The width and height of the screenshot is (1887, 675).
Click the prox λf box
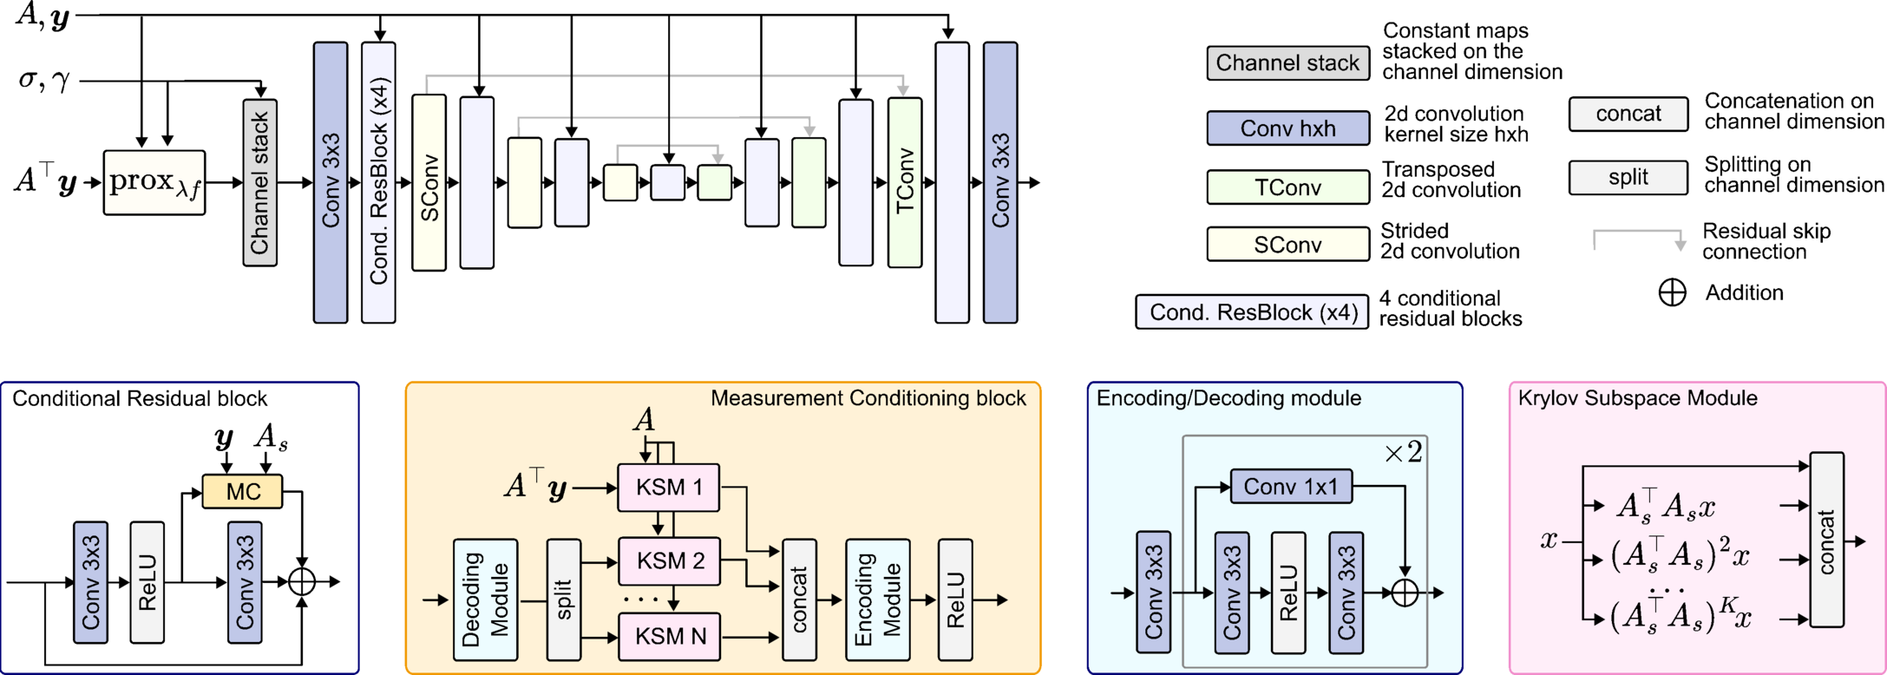154,183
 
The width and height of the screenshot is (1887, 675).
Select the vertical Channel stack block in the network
259,183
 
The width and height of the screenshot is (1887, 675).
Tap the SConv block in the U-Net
429,183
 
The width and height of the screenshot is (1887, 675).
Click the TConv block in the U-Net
904,183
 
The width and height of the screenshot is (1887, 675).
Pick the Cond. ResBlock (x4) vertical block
378,183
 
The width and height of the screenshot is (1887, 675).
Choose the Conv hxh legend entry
1287,128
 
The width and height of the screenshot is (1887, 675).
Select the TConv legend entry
1287,187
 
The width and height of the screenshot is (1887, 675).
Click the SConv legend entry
1287,245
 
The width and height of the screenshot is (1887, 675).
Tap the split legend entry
1628,177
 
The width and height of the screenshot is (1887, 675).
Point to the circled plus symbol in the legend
1672,293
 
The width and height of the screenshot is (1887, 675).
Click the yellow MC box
242,492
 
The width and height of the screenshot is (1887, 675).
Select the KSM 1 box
668,487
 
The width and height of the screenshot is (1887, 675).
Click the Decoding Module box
485,600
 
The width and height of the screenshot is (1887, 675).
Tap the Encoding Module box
877,600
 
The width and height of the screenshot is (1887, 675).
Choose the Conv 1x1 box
1290,487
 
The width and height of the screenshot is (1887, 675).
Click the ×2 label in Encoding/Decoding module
1403,452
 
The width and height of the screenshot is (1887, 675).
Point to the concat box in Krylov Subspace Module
1826,540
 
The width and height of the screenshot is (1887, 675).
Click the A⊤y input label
535,486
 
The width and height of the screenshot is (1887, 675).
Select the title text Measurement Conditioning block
868,398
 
